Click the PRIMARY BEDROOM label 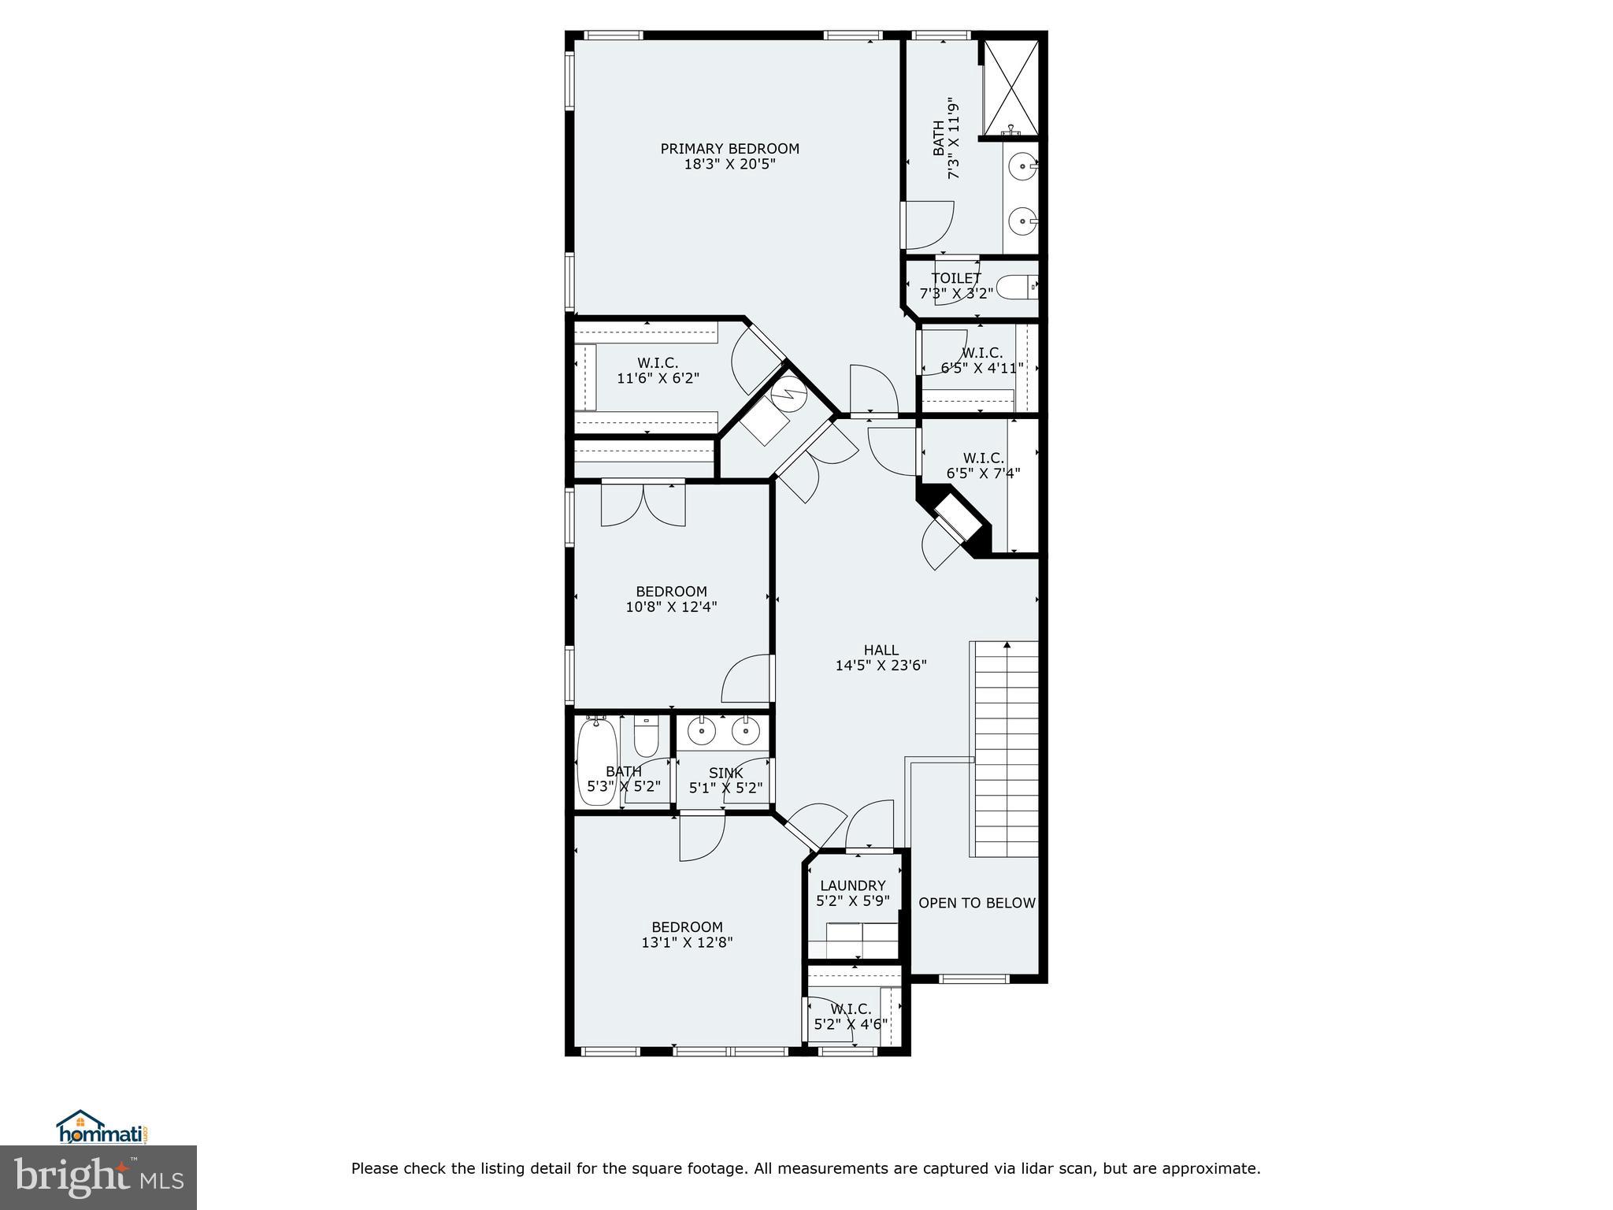pos(729,149)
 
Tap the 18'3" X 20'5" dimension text pos(729,165)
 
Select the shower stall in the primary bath pos(1009,87)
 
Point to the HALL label pos(881,650)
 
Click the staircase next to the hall pos(1006,748)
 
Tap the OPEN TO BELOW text pos(977,903)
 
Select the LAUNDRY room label pos(852,885)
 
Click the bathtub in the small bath pos(595,760)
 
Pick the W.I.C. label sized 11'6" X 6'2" pos(658,362)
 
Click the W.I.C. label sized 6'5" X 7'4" pos(983,458)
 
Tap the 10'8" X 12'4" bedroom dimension pos(671,607)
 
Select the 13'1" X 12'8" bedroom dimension pos(687,942)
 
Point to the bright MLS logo pos(98,1177)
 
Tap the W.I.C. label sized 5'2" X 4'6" pos(851,1009)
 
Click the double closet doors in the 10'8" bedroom pos(643,505)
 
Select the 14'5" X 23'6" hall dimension pos(881,666)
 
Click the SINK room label pos(725,774)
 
